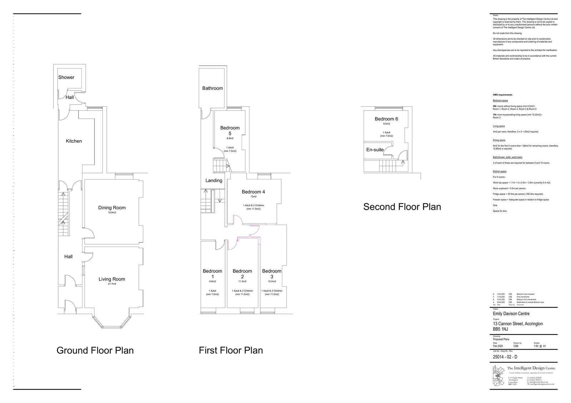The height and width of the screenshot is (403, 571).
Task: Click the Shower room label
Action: click(66, 77)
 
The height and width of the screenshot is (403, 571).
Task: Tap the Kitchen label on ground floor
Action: click(74, 141)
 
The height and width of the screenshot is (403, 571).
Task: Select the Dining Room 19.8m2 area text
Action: click(112, 213)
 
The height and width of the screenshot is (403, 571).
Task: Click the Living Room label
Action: click(112, 279)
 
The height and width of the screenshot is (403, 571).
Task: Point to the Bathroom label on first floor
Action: click(212, 88)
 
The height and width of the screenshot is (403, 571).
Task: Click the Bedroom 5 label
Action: click(230, 131)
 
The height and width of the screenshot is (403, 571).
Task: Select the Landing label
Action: click(214, 180)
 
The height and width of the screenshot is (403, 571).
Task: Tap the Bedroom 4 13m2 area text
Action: click(253, 197)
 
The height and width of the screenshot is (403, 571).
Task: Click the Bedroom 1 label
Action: click(212, 274)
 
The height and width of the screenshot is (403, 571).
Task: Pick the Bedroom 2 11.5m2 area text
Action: click(242, 281)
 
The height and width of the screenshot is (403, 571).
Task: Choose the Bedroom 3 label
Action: click(272, 274)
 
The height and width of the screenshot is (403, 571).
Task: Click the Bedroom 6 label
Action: click(386, 119)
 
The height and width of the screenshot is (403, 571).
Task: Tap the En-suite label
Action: click(375, 150)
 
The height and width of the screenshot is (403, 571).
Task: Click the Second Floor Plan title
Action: click(402, 207)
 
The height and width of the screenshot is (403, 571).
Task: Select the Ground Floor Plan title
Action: click(95, 350)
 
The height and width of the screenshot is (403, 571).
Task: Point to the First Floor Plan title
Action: click(231, 350)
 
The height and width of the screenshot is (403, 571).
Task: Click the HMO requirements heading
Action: click(502, 95)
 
